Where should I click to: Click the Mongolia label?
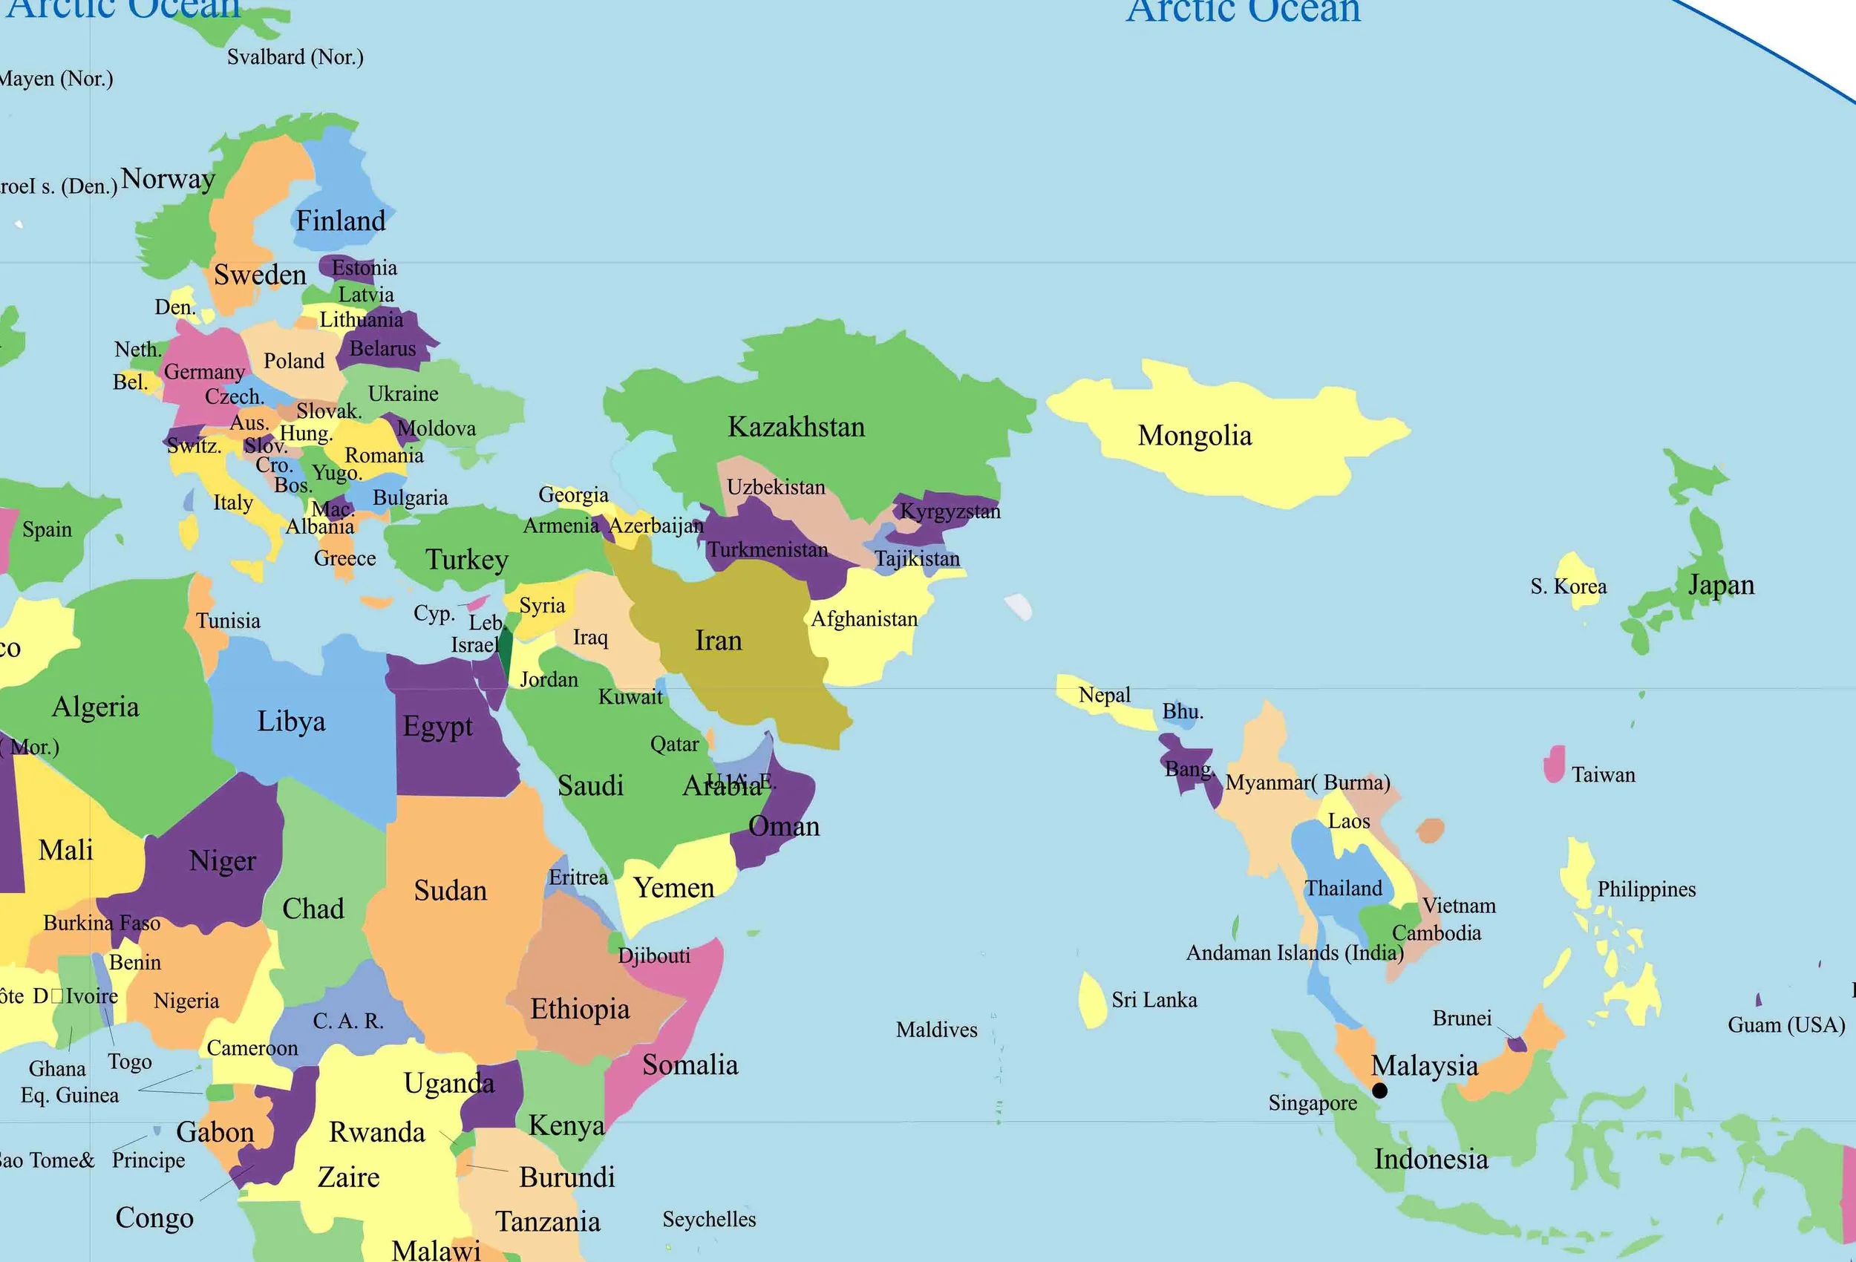click(x=1194, y=436)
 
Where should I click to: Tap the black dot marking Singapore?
click(x=1379, y=1091)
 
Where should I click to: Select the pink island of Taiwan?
click(x=1554, y=764)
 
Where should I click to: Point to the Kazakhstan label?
click(x=797, y=428)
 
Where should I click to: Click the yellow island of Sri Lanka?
click(x=1092, y=999)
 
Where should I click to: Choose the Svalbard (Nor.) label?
click(x=295, y=57)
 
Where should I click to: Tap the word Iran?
click(x=718, y=641)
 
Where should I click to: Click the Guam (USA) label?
click(x=1785, y=1024)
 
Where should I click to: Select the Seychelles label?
click(x=708, y=1219)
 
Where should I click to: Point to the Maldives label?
click(x=936, y=1030)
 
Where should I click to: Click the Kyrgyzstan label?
click(x=950, y=511)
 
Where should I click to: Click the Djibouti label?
click(x=653, y=956)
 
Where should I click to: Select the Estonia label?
click(x=365, y=267)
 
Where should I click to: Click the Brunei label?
click(x=1462, y=1019)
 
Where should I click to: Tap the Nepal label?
click(x=1104, y=695)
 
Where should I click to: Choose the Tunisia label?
click(x=229, y=621)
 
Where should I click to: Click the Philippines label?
click(x=1646, y=890)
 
